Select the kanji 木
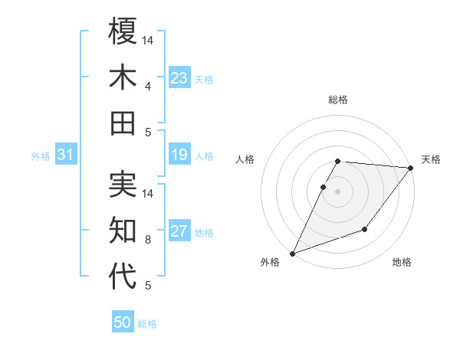tap(123, 77)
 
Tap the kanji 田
tap(123, 123)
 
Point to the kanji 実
tap(123, 185)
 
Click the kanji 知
tap(123, 230)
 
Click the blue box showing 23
tap(179, 78)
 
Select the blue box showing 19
tap(179, 155)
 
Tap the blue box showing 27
tap(179, 232)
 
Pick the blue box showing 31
tap(65, 155)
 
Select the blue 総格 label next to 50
tap(147, 324)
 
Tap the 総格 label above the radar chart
tap(338, 100)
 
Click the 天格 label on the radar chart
tap(431, 159)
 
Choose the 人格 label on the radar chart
tap(245, 159)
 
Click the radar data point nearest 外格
tap(292, 253)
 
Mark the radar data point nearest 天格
tap(411, 168)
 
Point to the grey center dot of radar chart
tap(338, 191)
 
